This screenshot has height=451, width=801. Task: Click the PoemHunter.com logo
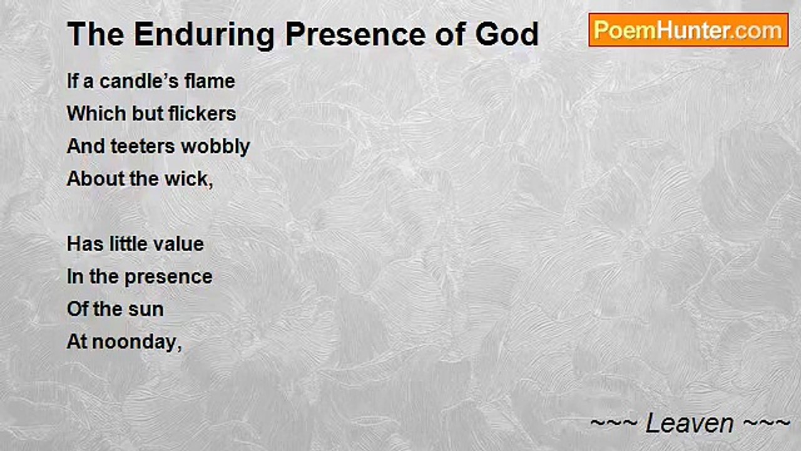point(688,30)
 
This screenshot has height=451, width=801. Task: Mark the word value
point(178,244)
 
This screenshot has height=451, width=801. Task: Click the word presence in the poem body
point(168,277)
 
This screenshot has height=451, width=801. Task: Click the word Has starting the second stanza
point(85,244)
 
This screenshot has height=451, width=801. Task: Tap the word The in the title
point(96,34)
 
